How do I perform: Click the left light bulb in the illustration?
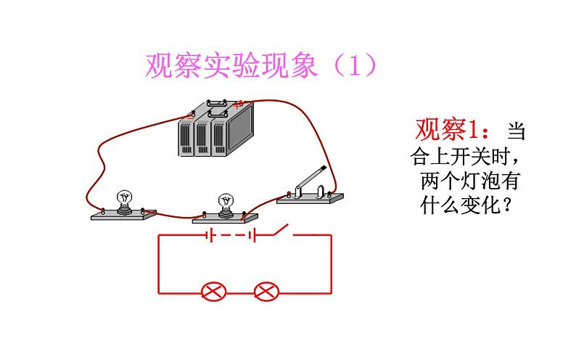[125, 199]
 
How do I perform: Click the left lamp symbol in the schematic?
[213, 292]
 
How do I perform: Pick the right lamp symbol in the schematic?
[266, 292]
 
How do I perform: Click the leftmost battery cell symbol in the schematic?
[208, 235]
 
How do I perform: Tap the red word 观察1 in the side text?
[448, 131]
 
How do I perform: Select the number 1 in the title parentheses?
[355, 66]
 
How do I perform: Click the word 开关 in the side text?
[470, 156]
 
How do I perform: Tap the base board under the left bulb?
[123, 215]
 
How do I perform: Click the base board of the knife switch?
[310, 197]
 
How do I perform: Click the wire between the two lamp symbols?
[239, 292]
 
